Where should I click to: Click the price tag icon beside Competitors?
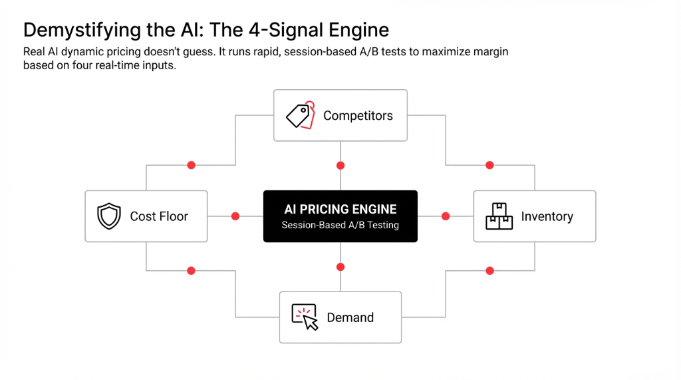pyautogui.click(x=300, y=115)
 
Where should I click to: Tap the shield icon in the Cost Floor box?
pyautogui.click(x=108, y=216)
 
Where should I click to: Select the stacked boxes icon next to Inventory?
pyautogui.click(x=499, y=216)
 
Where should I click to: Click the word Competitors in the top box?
pyautogui.click(x=358, y=116)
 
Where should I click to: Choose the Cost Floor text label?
pyautogui.click(x=159, y=216)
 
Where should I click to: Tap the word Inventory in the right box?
pyautogui.click(x=547, y=216)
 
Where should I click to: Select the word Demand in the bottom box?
pyautogui.click(x=350, y=317)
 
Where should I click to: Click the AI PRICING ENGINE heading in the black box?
pyautogui.click(x=340, y=209)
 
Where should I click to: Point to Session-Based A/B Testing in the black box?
pyautogui.click(x=340, y=225)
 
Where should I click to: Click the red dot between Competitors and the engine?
pyautogui.click(x=340, y=165)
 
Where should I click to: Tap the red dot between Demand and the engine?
pyautogui.click(x=340, y=267)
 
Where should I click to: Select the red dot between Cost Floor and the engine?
pyautogui.click(x=235, y=216)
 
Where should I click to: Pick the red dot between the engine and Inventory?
pyautogui.click(x=446, y=216)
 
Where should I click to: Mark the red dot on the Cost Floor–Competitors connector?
pyautogui.click(x=192, y=165)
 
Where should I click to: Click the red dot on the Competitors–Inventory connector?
pyautogui.click(x=489, y=165)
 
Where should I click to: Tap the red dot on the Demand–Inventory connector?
pyautogui.click(x=489, y=271)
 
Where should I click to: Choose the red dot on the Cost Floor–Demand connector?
pyautogui.click(x=192, y=271)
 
